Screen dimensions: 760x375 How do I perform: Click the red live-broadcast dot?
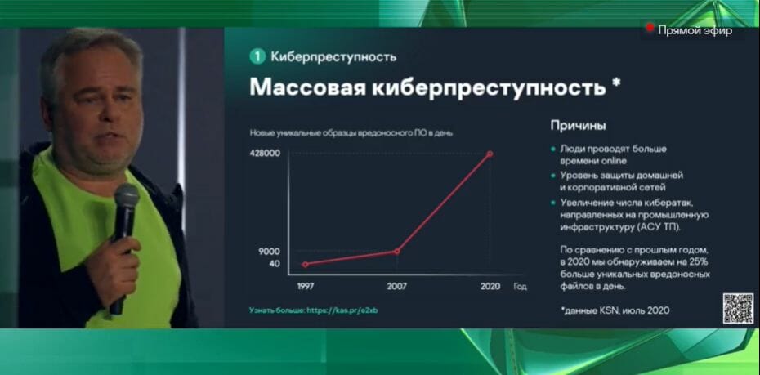(650, 28)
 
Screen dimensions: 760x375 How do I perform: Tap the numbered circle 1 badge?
(257, 56)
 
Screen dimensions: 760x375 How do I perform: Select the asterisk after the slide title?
(615, 83)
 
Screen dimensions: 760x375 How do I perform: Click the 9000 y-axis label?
(269, 251)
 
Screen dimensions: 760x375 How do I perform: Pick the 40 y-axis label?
(275, 264)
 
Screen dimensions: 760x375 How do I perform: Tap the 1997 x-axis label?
(306, 286)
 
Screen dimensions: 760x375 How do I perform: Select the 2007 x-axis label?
(396, 286)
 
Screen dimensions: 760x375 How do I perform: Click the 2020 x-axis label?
(490, 286)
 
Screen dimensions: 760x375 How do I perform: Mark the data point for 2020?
(490, 154)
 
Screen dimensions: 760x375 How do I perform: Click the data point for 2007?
(397, 251)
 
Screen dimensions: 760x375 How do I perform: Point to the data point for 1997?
(305, 265)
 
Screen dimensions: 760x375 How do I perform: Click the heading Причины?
(578, 126)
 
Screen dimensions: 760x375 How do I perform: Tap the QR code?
(738, 309)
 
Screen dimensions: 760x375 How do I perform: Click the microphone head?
(127, 197)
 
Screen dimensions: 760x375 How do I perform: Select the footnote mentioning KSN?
(616, 310)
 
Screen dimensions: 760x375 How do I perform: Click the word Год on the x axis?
(520, 286)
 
